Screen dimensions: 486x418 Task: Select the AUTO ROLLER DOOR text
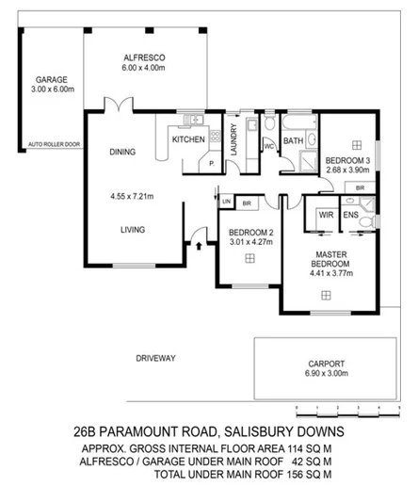[x=55, y=145]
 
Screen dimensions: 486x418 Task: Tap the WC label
[x=267, y=147]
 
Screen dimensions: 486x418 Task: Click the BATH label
[x=294, y=140]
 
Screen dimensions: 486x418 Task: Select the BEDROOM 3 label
[x=346, y=161]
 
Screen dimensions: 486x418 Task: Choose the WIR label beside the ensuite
[x=326, y=215]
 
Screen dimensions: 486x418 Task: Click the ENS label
[x=350, y=215]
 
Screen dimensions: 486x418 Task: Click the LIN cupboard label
[x=226, y=201]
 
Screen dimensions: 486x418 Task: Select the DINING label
[x=123, y=151]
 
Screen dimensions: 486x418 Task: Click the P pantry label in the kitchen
[x=211, y=163]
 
